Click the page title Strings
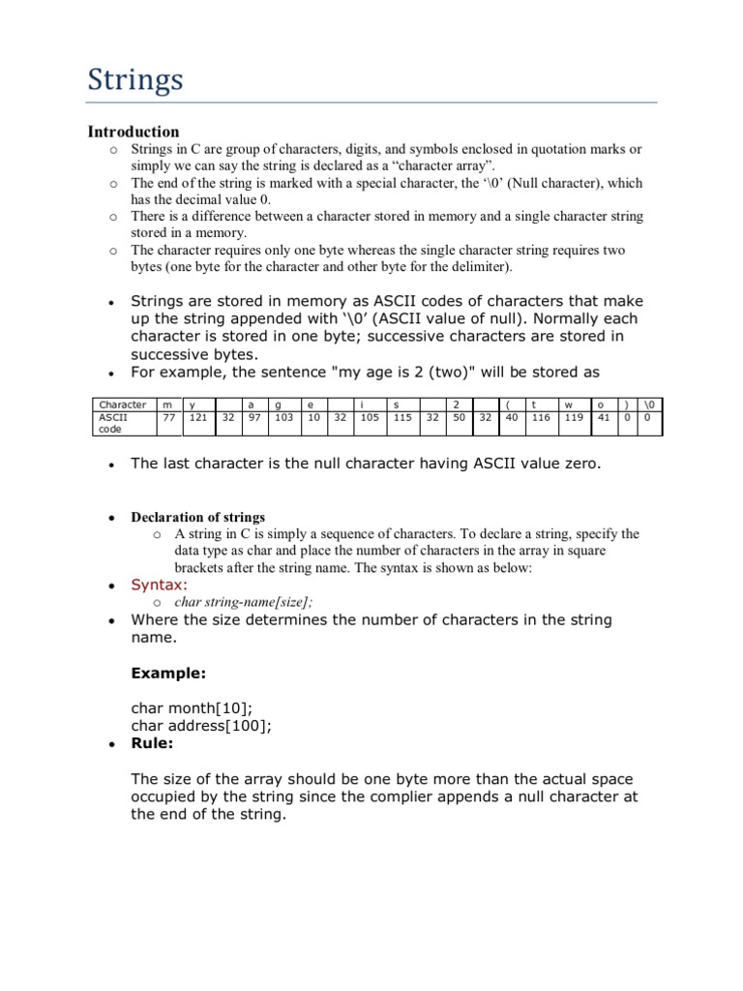(135, 79)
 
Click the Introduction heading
(134, 132)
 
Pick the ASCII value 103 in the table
(283, 418)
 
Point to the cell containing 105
(370, 418)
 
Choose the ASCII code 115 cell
(403, 418)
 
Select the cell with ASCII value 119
(574, 418)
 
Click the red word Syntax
(160, 585)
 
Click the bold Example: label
(168, 672)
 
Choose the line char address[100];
(201, 725)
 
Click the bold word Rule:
(152, 743)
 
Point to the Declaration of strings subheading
(197, 517)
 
